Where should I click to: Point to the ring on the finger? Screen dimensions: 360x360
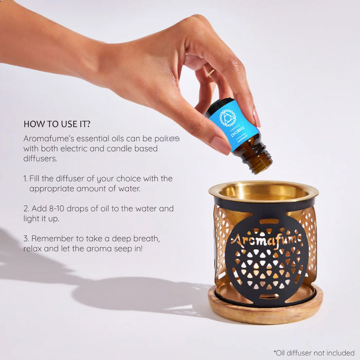click(x=211, y=73)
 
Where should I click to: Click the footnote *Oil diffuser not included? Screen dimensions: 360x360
click(x=314, y=353)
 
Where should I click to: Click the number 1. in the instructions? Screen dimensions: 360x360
click(x=26, y=178)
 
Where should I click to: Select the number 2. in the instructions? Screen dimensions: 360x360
click(x=26, y=209)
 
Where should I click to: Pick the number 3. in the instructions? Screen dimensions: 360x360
click(x=26, y=239)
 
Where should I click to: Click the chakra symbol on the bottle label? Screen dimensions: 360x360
click(x=228, y=117)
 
